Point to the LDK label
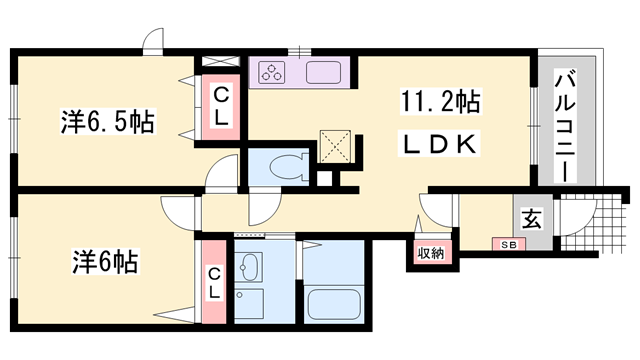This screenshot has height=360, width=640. [x=441, y=145]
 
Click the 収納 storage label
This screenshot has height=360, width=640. [x=431, y=253]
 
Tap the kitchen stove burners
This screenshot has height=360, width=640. [x=273, y=72]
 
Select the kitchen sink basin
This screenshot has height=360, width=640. [x=325, y=73]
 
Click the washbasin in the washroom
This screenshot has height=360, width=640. [x=250, y=267]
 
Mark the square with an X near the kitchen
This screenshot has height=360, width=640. [x=334, y=147]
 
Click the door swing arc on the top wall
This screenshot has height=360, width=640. [x=153, y=42]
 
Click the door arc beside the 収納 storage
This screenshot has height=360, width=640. [x=433, y=213]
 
